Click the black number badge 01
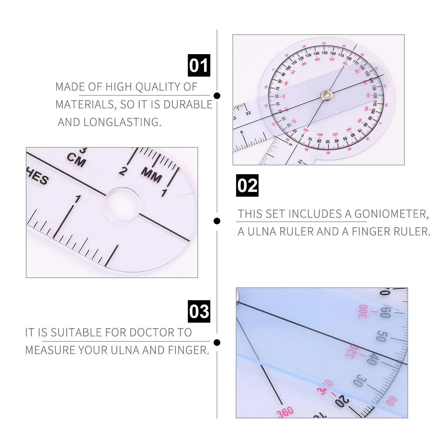[199, 66]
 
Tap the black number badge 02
[247, 185]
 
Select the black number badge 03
[199, 311]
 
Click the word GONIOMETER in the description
[391, 214]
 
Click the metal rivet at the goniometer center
[326, 95]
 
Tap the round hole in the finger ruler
[122, 205]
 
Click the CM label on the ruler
[77, 160]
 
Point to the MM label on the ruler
[151, 175]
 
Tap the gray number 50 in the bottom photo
[382, 336]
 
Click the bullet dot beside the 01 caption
[217, 96]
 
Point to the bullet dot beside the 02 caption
[217, 221]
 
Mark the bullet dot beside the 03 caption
[217, 343]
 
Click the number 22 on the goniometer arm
[248, 113]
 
